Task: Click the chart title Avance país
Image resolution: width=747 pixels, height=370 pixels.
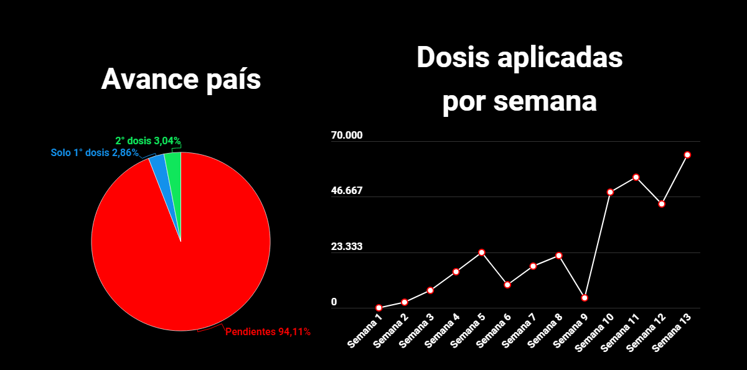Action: click(x=181, y=80)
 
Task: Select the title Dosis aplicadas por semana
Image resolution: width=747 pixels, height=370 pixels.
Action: click(x=520, y=80)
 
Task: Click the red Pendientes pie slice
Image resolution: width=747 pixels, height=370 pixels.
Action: click(x=181, y=261)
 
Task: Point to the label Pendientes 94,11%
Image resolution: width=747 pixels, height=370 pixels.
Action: click(x=268, y=332)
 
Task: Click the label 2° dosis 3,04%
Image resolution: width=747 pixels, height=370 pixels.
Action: click(x=148, y=141)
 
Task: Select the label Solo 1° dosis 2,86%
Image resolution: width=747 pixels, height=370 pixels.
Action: click(x=94, y=152)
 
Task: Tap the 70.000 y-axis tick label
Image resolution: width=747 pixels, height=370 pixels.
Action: click(x=347, y=136)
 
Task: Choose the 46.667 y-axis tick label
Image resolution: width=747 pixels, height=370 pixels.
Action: click(x=347, y=191)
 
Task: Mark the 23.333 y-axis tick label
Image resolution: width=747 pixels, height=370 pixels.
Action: click(x=347, y=247)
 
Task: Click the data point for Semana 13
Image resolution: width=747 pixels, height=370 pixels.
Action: click(x=688, y=155)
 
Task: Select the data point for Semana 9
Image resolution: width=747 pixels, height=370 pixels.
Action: click(x=585, y=298)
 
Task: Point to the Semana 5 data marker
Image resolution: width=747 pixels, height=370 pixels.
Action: click(x=482, y=252)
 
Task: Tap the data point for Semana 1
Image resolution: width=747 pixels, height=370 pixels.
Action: click(x=378, y=308)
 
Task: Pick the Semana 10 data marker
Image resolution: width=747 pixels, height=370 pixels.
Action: click(x=611, y=192)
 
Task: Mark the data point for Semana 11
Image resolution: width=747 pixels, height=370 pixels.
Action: click(x=636, y=177)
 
